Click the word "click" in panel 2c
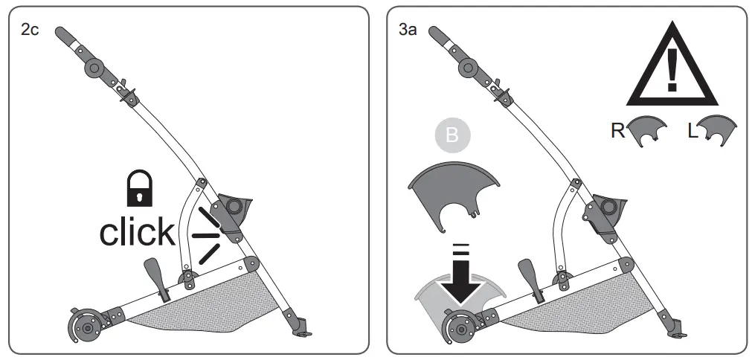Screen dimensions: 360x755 [137, 232]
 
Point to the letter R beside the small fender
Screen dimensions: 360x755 [617, 131]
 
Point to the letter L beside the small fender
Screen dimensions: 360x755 [693, 131]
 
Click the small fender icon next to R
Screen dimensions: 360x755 [643, 131]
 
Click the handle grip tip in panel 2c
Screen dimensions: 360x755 [62, 36]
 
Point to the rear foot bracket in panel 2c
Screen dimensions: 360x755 [301, 329]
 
